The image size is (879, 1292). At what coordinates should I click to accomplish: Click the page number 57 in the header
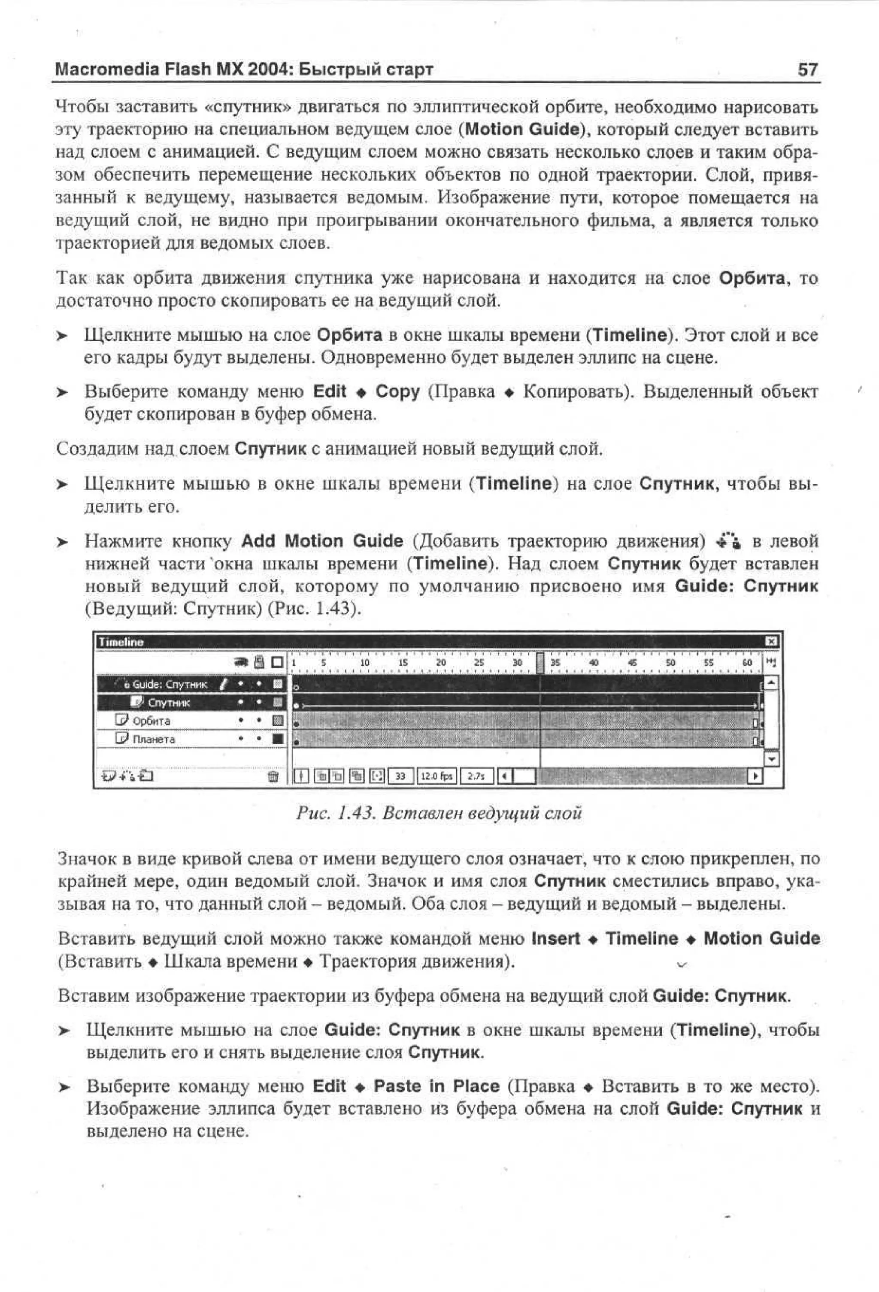807,70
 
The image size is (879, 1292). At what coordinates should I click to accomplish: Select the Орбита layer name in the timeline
151,721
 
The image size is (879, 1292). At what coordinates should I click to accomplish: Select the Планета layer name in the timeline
154,740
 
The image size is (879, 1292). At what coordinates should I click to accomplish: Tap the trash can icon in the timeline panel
273,776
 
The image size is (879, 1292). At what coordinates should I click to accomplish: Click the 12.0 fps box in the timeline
437,776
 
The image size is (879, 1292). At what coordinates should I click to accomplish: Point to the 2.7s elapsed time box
476,776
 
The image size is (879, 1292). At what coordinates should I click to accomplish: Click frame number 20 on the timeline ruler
441,663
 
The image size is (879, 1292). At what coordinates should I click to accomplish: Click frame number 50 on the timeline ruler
670,663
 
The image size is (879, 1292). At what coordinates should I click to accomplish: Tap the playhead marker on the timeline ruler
540,663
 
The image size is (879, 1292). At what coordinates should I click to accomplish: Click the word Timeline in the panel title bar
121,642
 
